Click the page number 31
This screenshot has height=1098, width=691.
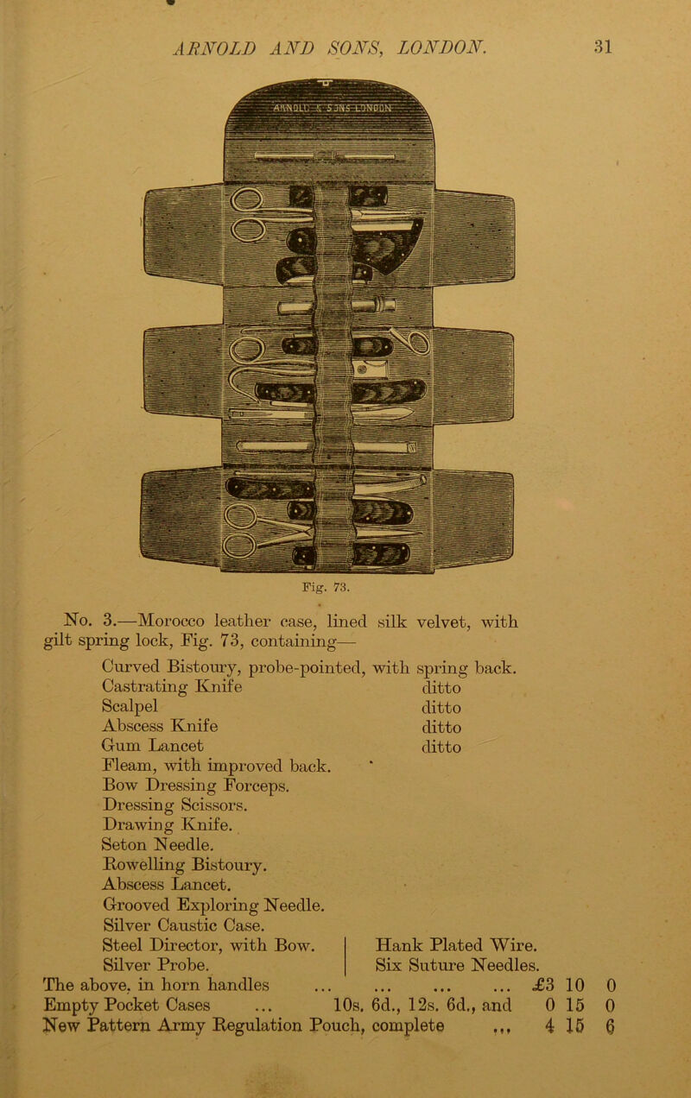(x=603, y=47)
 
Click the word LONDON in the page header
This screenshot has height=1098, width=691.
(x=442, y=47)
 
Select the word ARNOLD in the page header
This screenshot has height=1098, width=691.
(x=214, y=47)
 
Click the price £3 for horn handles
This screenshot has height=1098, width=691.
(x=543, y=985)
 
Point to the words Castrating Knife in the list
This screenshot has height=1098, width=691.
(x=172, y=687)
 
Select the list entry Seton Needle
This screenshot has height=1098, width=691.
(x=158, y=844)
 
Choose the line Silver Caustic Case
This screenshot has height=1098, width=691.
(x=184, y=925)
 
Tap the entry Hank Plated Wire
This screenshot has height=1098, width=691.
(x=456, y=945)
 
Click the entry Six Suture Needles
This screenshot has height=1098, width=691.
(x=458, y=965)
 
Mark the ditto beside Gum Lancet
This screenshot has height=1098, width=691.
(x=441, y=747)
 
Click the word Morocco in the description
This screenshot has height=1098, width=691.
(x=171, y=622)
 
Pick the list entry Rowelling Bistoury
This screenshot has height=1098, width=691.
(x=185, y=865)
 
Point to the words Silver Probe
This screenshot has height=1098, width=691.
(x=156, y=965)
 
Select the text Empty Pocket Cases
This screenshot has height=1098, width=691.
(x=126, y=1006)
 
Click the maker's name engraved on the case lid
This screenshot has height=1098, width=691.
(x=332, y=108)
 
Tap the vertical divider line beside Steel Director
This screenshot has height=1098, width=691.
(x=346, y=956)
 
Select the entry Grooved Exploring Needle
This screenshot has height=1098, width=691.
(x=213, y=905)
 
